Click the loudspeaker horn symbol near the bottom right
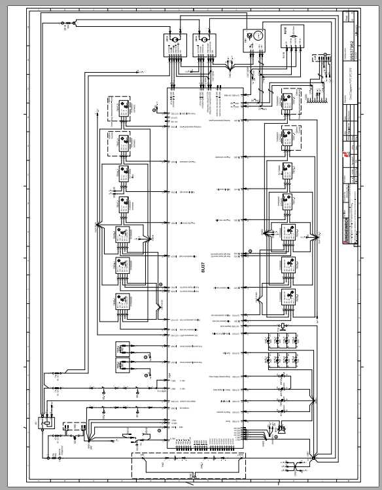pyautogui.click(x=283, y=429)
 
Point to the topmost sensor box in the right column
pyautogui.click(x=287, y=102)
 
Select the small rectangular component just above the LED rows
pyautogui.click(x=282, y=326)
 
